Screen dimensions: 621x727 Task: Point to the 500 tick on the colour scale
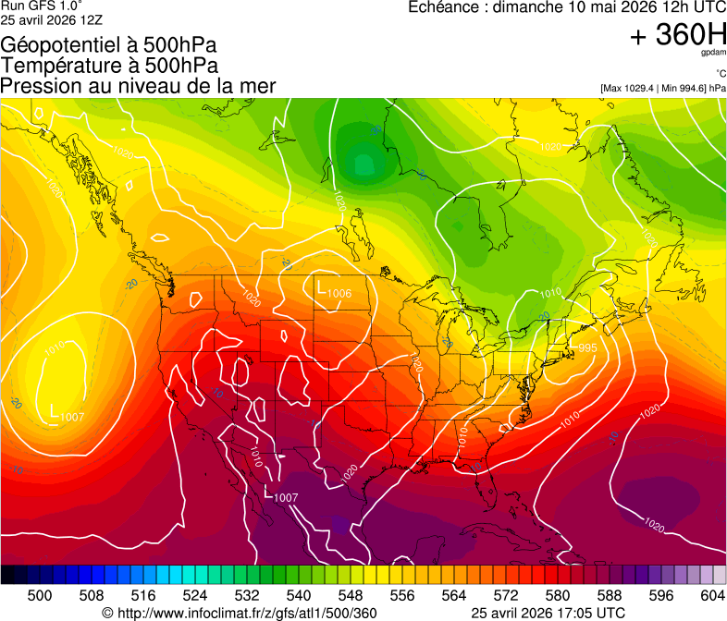(x=40, y=595)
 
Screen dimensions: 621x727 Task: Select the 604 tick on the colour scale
(x=712, y=595)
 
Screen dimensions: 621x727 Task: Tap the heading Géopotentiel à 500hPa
(x=109, y=45)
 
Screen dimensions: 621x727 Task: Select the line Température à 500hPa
(x=109, y=66)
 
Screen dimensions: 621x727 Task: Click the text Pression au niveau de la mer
(x=139, y=86)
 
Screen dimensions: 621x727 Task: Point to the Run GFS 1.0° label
(x=42, y=6)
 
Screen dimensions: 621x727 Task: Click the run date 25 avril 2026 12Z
(x=52, y=19)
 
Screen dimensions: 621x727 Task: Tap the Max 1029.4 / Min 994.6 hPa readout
(x=662, y=88)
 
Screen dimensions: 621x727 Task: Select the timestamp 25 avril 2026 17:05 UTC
(x=548, y=613)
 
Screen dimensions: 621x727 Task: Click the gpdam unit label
(x=714, y=54)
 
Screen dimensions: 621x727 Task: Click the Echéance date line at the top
(x=567, y=7)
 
